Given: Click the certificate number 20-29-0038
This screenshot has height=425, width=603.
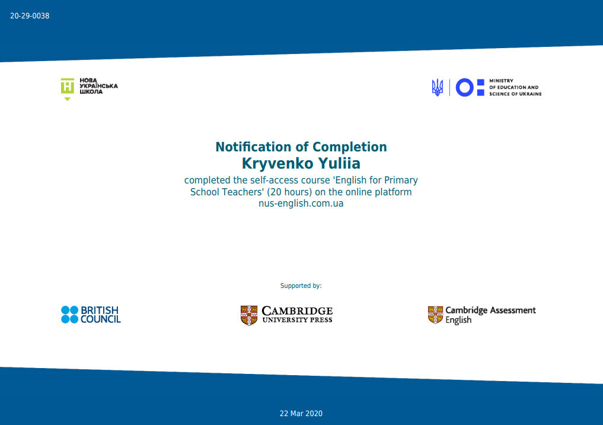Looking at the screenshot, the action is [30, 16].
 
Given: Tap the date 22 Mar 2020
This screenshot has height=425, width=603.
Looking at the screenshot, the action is [301, 414].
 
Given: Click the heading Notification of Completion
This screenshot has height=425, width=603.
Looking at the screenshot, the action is [301, 147].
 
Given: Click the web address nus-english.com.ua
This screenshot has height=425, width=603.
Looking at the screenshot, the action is [301, 203].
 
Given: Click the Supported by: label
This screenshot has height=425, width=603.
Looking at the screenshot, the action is [301, 286].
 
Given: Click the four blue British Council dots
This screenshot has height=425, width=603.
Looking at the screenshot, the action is [69, 315].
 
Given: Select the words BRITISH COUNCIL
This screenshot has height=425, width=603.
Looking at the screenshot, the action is [100, 315].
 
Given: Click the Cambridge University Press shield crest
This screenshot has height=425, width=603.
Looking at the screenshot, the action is [249, 315].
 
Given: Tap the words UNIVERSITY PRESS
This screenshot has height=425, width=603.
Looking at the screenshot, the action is [297, 320].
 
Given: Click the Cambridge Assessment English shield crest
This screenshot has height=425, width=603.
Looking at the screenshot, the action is [435, 315].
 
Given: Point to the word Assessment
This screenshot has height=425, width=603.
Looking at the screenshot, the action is [513, 310].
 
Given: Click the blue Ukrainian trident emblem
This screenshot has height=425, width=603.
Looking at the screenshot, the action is [437, 87].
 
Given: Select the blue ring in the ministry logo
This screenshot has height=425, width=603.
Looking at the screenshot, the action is [465, 87].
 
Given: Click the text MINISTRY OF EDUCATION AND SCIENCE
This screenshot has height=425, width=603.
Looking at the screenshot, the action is [515, 87].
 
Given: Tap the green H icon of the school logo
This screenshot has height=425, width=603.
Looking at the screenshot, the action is [68, 86].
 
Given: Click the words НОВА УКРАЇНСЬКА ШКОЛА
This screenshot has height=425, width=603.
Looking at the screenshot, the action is [98, 86].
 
